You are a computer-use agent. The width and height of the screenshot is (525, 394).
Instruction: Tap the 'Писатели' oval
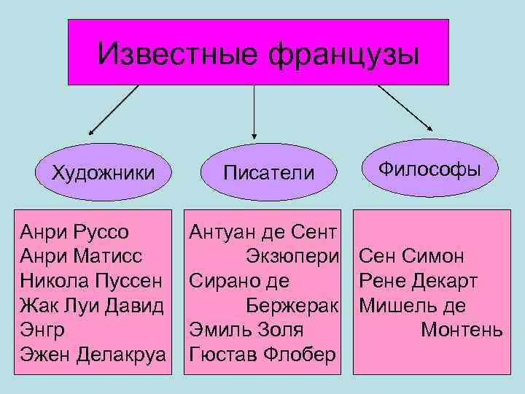tap(269, 173)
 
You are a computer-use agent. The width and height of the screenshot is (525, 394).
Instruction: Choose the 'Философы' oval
tap(429, 169)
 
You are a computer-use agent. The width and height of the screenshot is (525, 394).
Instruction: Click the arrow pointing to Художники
tap(113, 110)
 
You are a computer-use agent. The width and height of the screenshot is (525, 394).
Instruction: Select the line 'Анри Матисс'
tap(82, 257)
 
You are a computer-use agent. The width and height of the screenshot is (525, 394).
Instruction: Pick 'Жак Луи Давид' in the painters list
tap(92, 305)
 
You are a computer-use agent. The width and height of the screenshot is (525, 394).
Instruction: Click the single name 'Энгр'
tap(43, 330)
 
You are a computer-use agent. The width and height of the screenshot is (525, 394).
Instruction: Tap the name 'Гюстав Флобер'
tap(262, 354)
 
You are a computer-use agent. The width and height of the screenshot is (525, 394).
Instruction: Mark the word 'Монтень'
tap(462, 330)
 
